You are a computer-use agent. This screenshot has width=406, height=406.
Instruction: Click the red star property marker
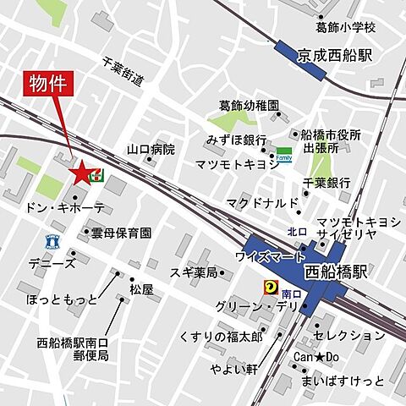point(81,173)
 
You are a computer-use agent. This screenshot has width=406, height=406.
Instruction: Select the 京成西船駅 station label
point(335,56)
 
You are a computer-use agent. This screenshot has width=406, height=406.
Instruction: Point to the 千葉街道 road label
point(123,71)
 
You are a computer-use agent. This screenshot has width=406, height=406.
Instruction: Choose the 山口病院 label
point(151,148)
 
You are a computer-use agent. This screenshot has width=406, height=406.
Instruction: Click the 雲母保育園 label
point(122,232)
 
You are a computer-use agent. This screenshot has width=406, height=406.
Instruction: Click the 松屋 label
point(141,289)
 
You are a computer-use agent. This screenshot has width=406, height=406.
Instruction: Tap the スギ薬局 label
point(194,272)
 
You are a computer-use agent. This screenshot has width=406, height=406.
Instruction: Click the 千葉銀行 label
point(326,182)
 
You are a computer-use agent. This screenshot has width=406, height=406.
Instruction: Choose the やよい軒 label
point(233,369)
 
